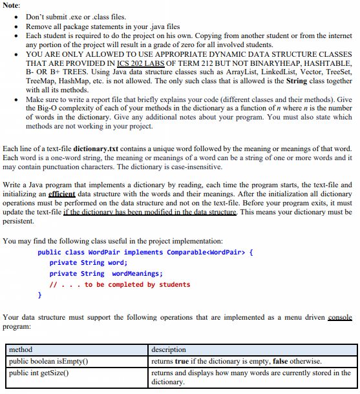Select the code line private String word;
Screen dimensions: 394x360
[89, 263]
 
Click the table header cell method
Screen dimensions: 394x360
[21, 349]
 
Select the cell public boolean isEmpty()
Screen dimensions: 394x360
[48, 360]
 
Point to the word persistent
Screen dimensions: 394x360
[19, 220]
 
